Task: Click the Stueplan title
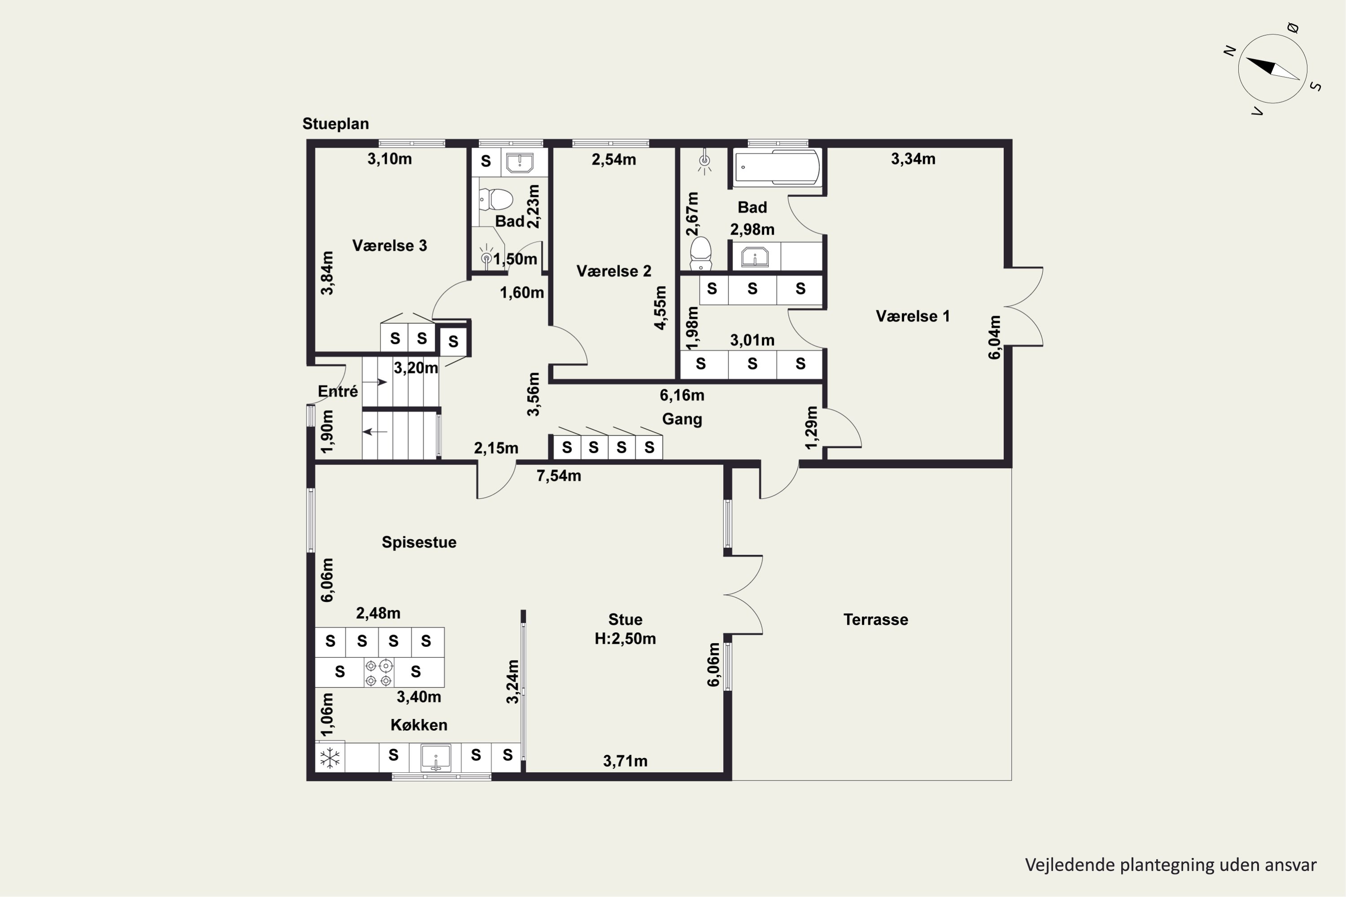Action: tap(335, 124)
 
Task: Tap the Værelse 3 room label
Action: tap(389, 245)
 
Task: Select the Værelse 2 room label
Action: tap(613, 271)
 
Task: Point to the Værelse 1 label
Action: tap(912, 316)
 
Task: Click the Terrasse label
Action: tap(876, 619)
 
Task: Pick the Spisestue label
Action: tap(419, 542)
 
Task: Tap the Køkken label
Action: tap(419, 725)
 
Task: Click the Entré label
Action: tap(338, 391)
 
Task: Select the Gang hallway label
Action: tap(682, 419)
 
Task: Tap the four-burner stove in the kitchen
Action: tap(379, 673)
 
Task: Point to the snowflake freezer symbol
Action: tap(330, 758)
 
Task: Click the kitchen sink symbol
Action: tap(436, 758)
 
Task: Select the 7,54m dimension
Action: tap(559, 476)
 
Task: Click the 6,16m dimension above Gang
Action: tap(682, 395)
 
